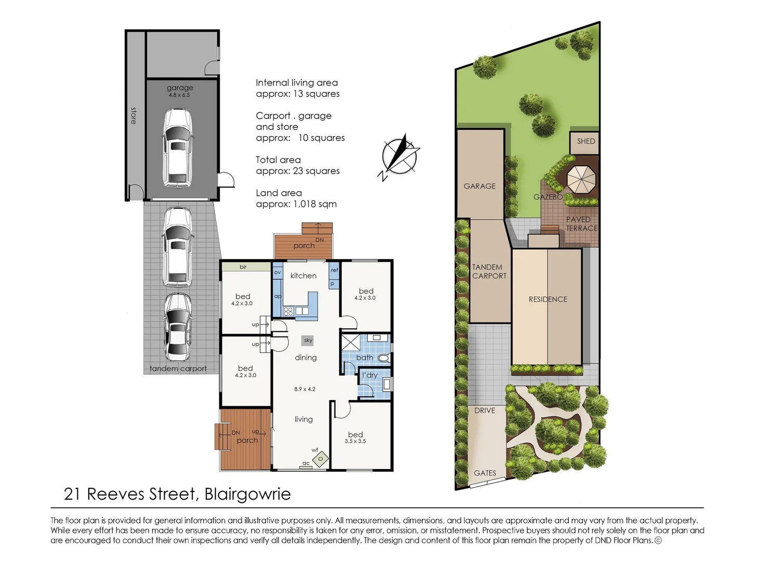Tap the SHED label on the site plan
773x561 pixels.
click(x=585, y=141)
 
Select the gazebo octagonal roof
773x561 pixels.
click(x=581, y=180)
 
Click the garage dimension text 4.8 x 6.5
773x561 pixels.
click(x=179, y=95)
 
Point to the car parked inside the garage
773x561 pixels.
click(x=178, y=148)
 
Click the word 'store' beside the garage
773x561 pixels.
click(x=134, y=115)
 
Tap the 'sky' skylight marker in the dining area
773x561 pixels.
click(x=308, y=340)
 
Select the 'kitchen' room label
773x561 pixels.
click(x=303, y=276)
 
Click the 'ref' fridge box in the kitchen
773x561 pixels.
click(x=335, y=270)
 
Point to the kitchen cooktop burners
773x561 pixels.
click(x=288, y=312)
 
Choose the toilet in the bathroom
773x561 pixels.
click(x=383, y=358)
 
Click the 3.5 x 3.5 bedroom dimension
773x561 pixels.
click(x=355, y=441)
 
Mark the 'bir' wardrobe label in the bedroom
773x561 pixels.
click(x=243, y=267)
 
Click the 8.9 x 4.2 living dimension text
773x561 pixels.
click(x=305, y=389)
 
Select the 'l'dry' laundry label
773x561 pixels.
click(x=369, y=375)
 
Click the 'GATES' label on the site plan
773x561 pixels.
click(x=485, y=473)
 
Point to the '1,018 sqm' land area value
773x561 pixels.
click(x=315, y=204)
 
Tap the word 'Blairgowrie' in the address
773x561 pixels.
click(x=247, y=494)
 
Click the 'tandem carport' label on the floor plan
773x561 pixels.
click(x=178, y=369)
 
